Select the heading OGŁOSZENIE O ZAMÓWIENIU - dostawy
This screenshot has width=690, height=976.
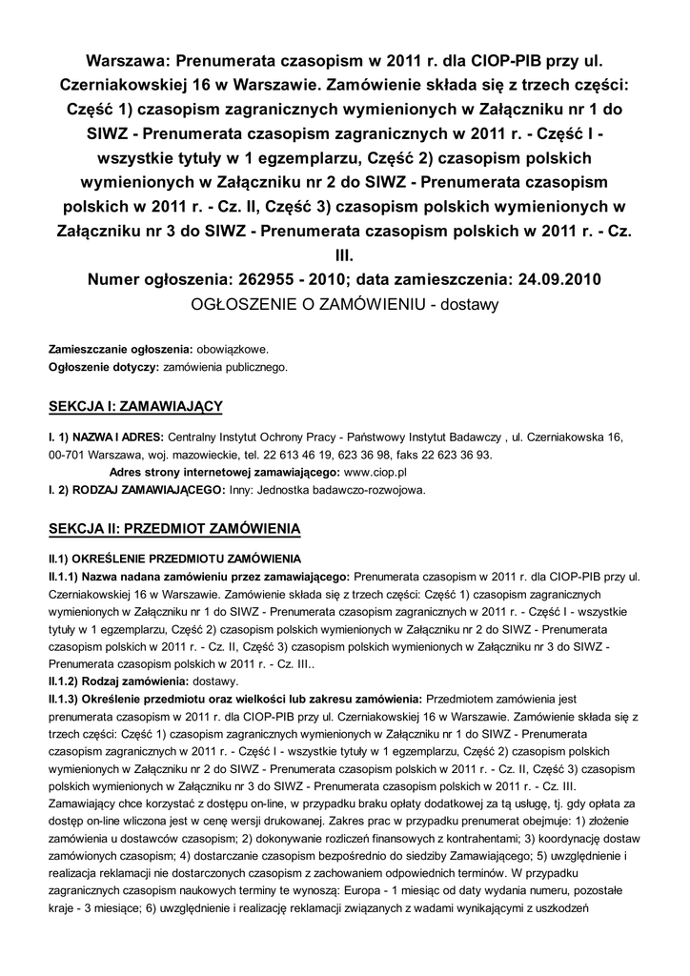pos(345,305)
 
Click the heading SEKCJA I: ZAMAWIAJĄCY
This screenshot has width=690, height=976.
pos(135,408)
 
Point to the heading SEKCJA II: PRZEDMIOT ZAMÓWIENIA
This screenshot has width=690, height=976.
pos(174,527)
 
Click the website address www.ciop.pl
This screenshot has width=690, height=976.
pos(375,472)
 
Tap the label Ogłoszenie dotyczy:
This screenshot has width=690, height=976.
pos(105,365)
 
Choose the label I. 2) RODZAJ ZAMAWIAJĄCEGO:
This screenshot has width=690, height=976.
pos(137,490)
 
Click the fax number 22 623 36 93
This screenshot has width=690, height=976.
pos(452,455)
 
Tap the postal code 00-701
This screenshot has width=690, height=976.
pos(67,455)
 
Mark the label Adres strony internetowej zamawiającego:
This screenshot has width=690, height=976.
pos(225,472)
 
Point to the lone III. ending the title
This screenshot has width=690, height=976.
pos(345,255)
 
